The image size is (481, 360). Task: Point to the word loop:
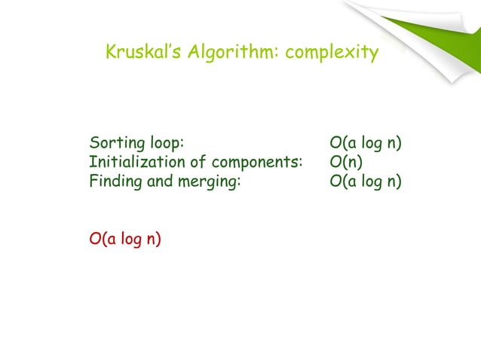pyautogui.click(x=167, y=143)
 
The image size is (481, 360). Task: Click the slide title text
pyautogui.click(x=241, y=53)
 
